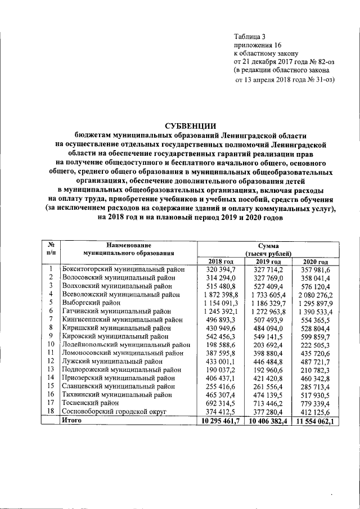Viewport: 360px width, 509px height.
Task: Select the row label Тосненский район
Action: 90,403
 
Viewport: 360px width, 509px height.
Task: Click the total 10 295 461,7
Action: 218,421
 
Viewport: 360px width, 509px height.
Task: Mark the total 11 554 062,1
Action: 314,421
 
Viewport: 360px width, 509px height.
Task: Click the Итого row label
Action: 72,420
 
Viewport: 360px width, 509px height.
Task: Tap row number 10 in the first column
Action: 51,344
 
